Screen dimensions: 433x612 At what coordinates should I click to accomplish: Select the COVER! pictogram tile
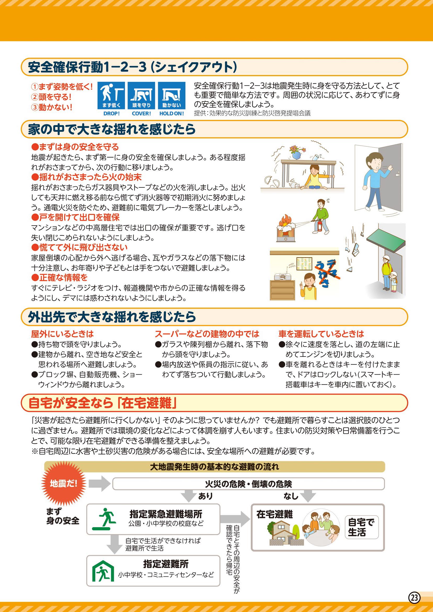point(141,96)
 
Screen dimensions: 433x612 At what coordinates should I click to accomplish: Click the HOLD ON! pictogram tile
point(171,96)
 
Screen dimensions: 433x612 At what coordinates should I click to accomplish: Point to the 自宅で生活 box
point(361,527)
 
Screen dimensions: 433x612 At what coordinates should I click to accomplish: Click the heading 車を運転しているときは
point(321,334)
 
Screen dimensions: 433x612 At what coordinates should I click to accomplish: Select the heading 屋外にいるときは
point(62,334)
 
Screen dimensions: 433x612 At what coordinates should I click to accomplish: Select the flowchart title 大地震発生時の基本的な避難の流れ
point(215,467)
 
